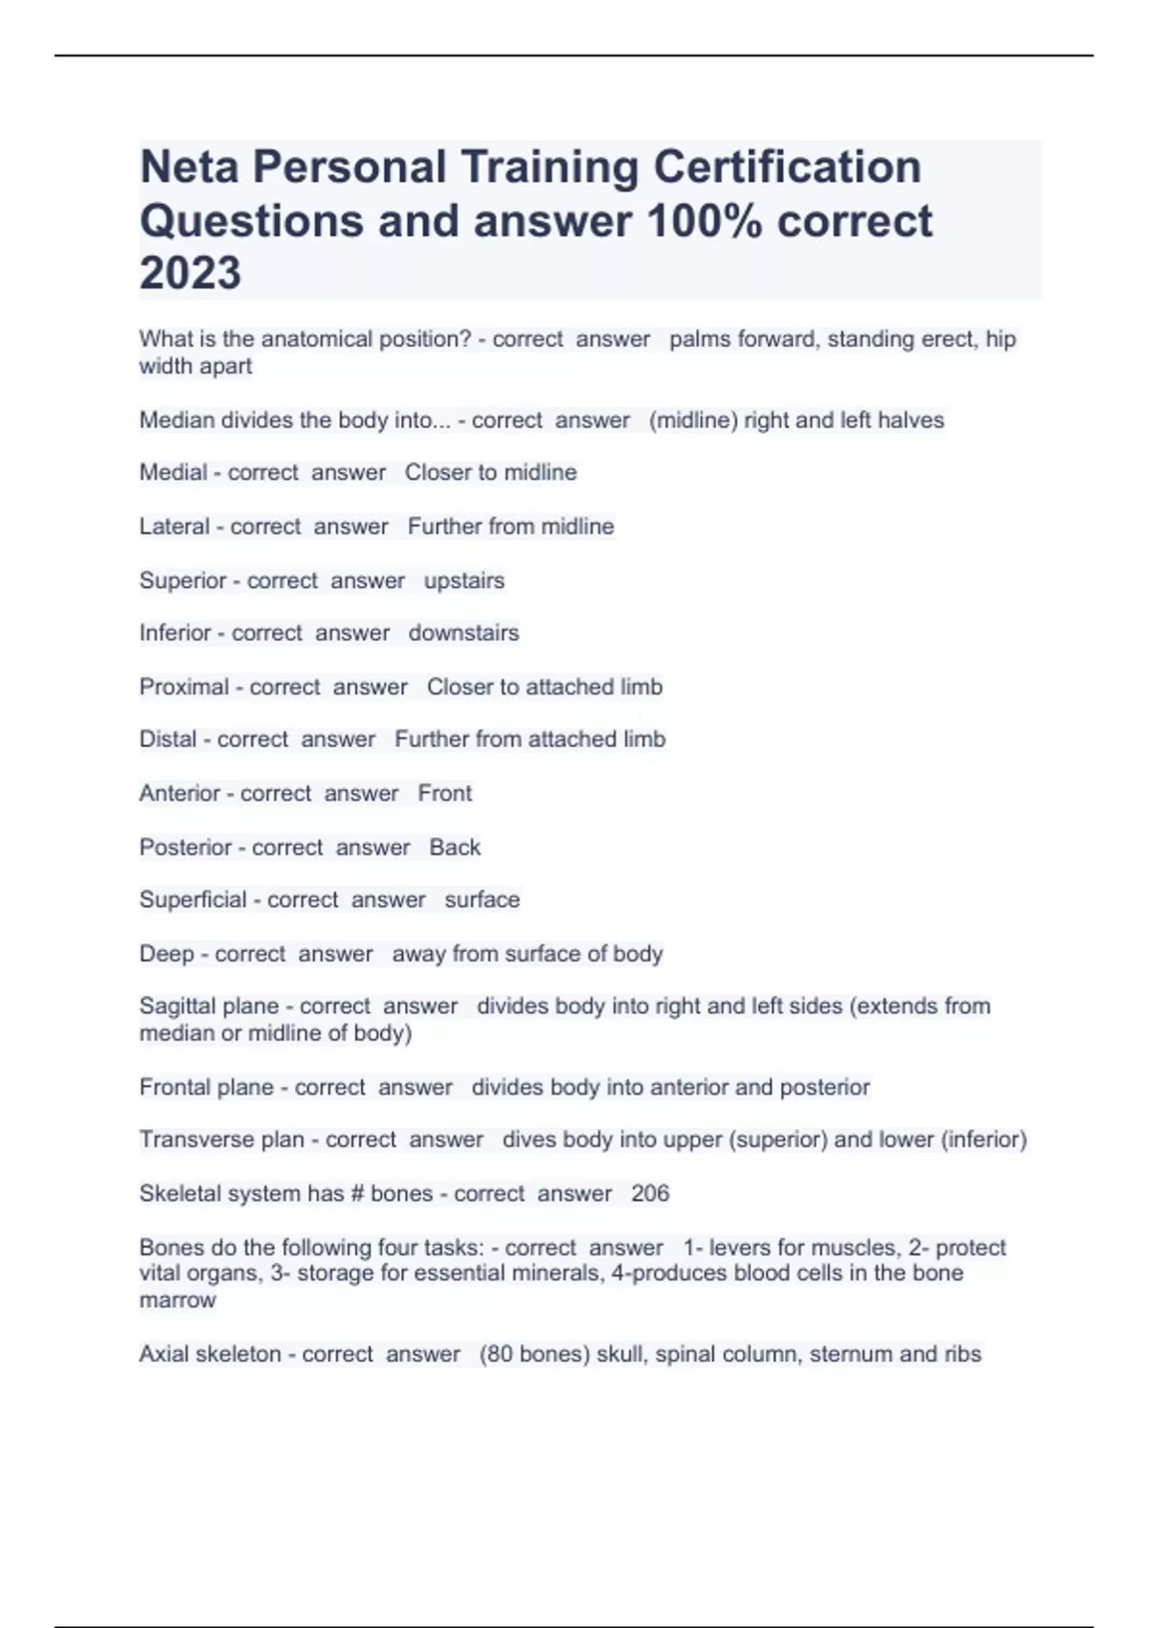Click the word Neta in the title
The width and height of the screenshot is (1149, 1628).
[x=191, y=168]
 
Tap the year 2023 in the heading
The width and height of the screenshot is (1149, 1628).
[x=190, y=273]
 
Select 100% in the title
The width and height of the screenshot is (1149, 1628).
[x=705, y=221]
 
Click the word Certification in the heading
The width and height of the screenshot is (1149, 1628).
[x=787, y=168]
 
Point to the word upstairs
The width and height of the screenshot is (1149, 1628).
[x=463, y=580]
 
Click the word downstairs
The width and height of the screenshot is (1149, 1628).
[x=463, y=633]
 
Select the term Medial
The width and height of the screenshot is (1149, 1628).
[x=173, y=472]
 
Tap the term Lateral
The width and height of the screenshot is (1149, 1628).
[x=174, y=526]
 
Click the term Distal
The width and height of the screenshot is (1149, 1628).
[x=168, y=739]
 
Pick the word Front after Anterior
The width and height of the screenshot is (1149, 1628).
[x=444, y=793]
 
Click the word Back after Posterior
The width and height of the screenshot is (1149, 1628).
[x=455, y=847]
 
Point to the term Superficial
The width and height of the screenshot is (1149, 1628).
[x=192, y=900]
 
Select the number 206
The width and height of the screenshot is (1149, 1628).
[x=650, y=1193]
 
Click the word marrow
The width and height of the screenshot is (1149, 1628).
[x=177, y=1300]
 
